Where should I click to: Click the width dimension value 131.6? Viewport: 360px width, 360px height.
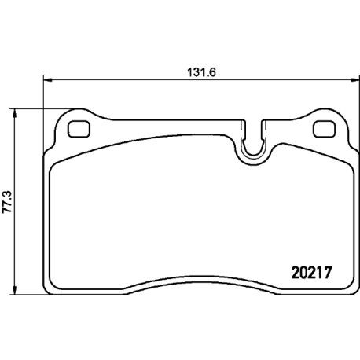(x=201, y=72)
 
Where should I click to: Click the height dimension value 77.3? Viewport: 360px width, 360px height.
(x=8, y=201)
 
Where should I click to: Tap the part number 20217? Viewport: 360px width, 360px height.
(x=311, y=273)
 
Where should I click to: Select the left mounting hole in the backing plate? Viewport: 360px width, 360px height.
(x=79, y=129)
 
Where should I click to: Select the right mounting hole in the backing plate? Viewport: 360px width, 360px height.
(x=324, y=129)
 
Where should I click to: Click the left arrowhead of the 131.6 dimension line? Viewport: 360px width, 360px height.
(x=47, y=80)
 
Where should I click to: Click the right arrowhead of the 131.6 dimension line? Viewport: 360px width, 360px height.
(x=354, y=80)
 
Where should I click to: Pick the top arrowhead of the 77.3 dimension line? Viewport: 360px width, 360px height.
(x=15, y=114)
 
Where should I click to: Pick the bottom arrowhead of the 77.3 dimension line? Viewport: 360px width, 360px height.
(x=15, y=289)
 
